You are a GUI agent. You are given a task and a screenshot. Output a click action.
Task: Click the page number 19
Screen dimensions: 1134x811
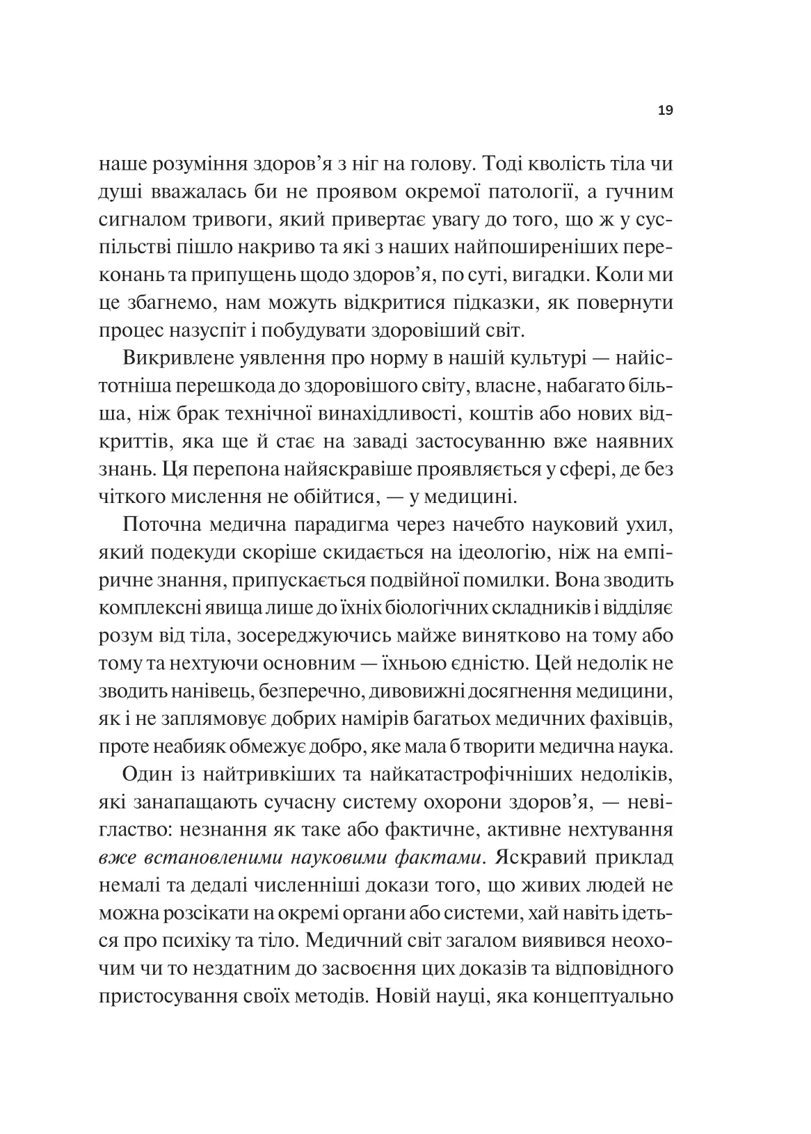coord(664,110)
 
